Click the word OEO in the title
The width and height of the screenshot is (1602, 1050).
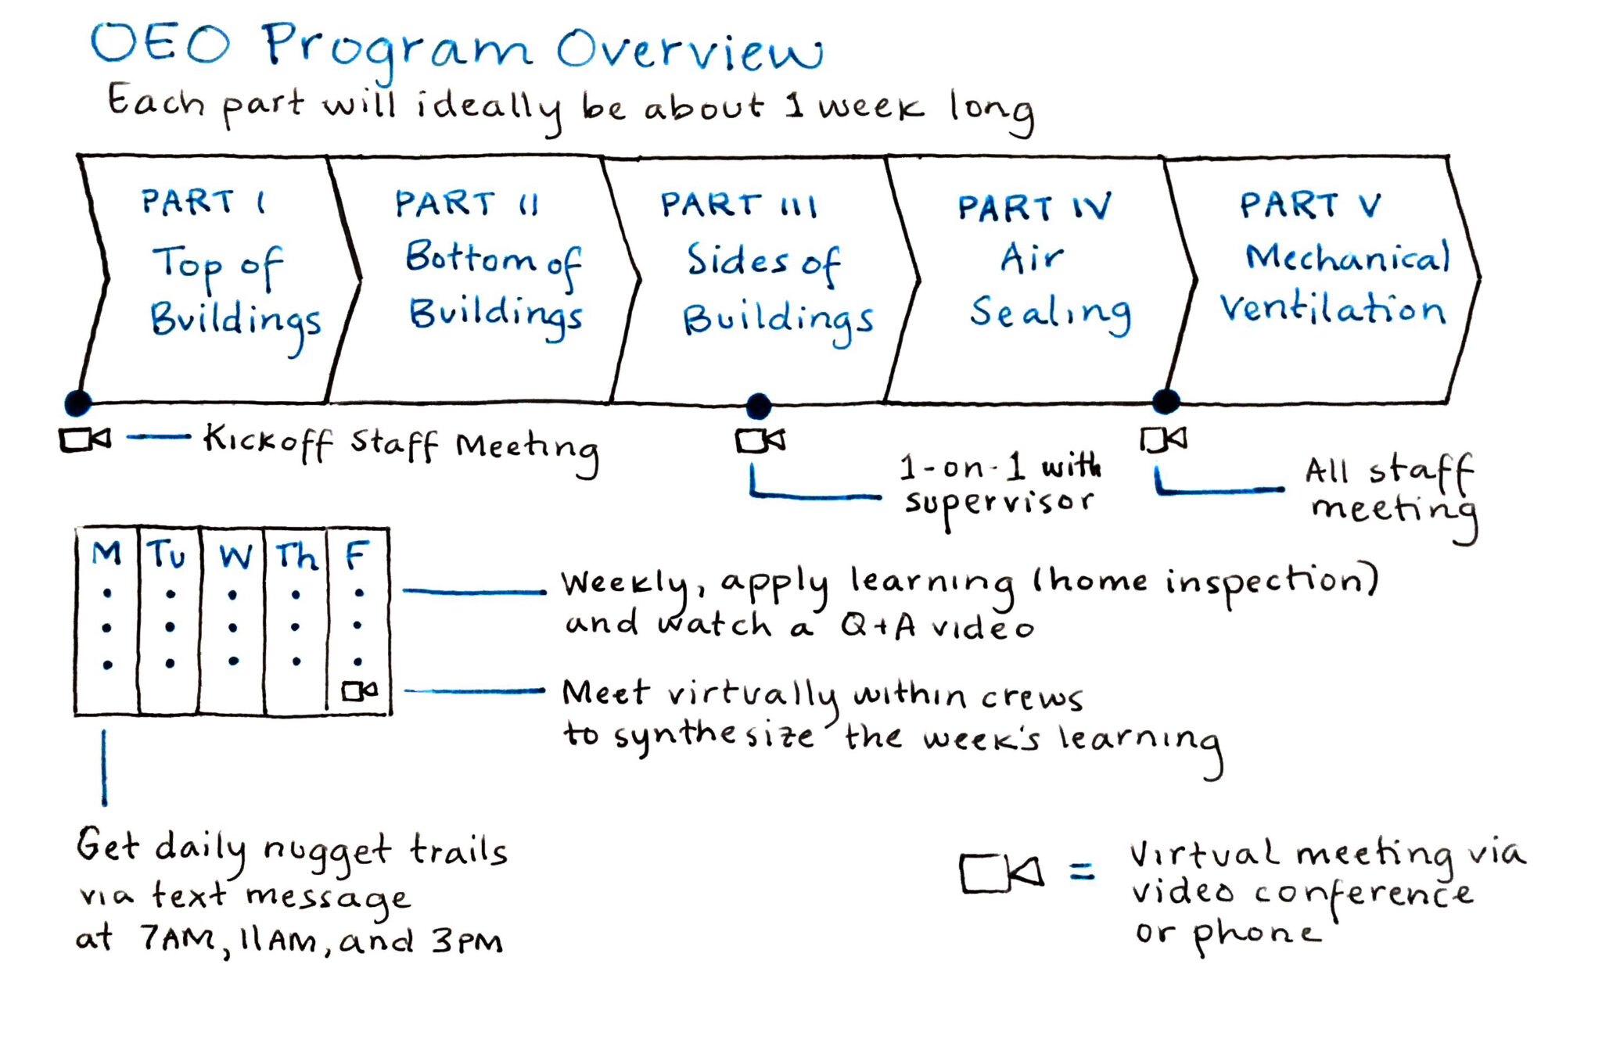160,44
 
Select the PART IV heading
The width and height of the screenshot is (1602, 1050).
1033,208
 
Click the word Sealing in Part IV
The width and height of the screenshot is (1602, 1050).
1050,313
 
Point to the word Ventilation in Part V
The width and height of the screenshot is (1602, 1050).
1332,308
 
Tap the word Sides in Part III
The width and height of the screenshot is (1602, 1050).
737,260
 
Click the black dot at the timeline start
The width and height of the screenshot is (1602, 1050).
77,403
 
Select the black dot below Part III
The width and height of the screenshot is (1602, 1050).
758,406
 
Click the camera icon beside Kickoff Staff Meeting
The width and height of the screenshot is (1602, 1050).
85,439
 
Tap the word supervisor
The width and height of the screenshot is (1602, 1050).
999,503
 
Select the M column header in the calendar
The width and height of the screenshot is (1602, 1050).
106,554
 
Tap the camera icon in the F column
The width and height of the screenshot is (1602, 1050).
359,690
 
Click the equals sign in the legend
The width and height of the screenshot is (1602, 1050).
1082,870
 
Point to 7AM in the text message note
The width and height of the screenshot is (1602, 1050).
178,938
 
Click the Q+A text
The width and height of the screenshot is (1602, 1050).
878,625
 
